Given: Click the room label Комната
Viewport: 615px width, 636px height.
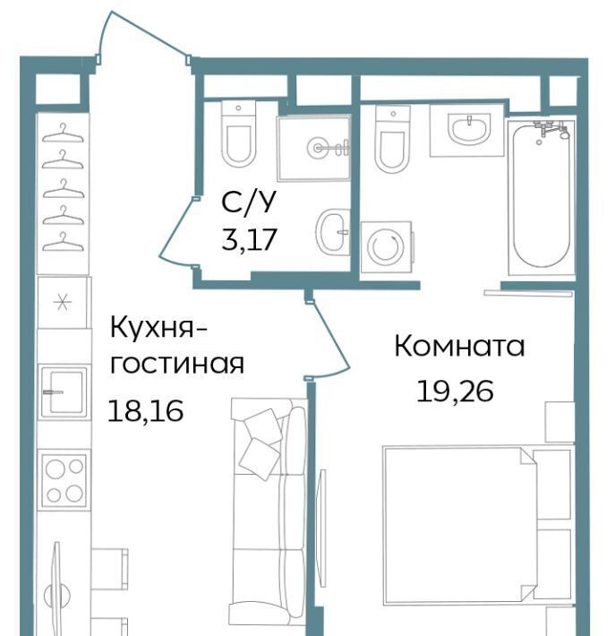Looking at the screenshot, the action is coord(459,347).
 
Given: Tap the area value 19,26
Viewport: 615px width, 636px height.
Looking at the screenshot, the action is coord(455,391).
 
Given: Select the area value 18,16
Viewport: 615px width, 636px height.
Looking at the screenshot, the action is coord(146,411).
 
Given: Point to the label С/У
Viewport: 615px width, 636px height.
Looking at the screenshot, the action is coord(249,202).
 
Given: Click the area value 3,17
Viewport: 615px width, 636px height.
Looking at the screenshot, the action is coord(250,239).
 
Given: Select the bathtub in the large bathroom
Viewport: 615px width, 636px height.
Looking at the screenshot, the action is coord(542,196).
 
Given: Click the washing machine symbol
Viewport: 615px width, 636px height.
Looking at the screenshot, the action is coord(387,247).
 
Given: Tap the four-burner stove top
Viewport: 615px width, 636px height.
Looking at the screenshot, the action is coord(64,480).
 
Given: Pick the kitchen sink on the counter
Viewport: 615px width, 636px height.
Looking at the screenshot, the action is coord(64,391).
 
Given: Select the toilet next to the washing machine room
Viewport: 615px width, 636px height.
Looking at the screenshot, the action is coord(392,139).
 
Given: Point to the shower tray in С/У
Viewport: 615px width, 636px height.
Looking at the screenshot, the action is coord(314,148).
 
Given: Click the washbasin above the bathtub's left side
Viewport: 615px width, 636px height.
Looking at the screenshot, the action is coord(469,128).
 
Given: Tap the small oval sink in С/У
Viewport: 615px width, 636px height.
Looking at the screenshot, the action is coord(332,232).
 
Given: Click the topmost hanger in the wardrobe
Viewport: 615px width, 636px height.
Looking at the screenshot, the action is coord(63,133).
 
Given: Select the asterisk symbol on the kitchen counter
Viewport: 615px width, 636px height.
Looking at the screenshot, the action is coord(63,303).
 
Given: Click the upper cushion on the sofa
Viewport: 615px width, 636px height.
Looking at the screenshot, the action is coord(262,426).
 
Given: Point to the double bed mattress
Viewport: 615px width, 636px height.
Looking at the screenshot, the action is coord(459,526).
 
